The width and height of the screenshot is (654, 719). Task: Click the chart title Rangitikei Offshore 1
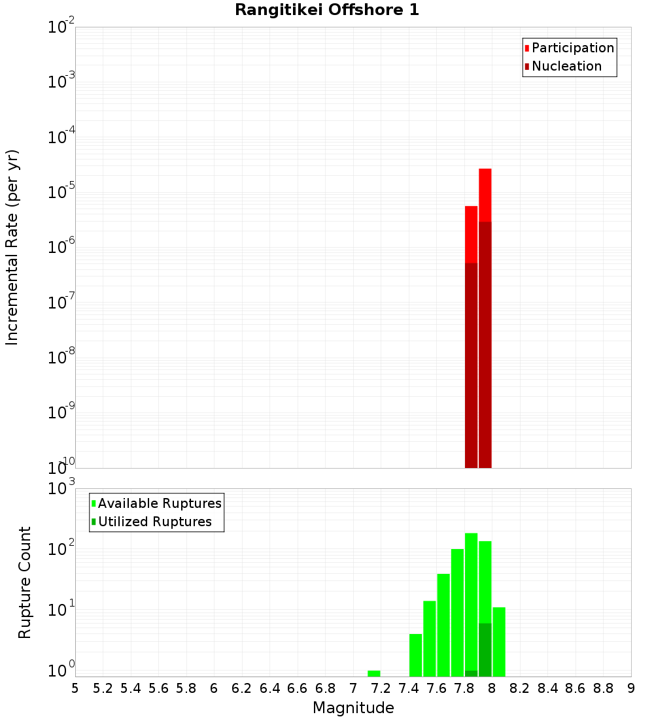point(327,10)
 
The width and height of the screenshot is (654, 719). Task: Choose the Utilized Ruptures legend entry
point(154,522)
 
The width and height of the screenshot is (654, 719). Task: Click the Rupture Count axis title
point(25,582)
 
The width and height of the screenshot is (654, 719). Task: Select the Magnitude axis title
point(353,708)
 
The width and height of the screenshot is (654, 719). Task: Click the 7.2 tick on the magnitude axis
point(381,688)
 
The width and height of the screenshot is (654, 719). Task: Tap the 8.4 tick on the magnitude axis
point(547,688)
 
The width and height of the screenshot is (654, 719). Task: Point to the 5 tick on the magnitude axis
point(75,688)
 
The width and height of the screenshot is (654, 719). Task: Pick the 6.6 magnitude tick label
point(298,688)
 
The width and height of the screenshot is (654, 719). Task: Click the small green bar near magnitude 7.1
point(373,673)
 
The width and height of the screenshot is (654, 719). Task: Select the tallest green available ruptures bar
point(471,601)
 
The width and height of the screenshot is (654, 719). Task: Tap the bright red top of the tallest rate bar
point(485,195)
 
